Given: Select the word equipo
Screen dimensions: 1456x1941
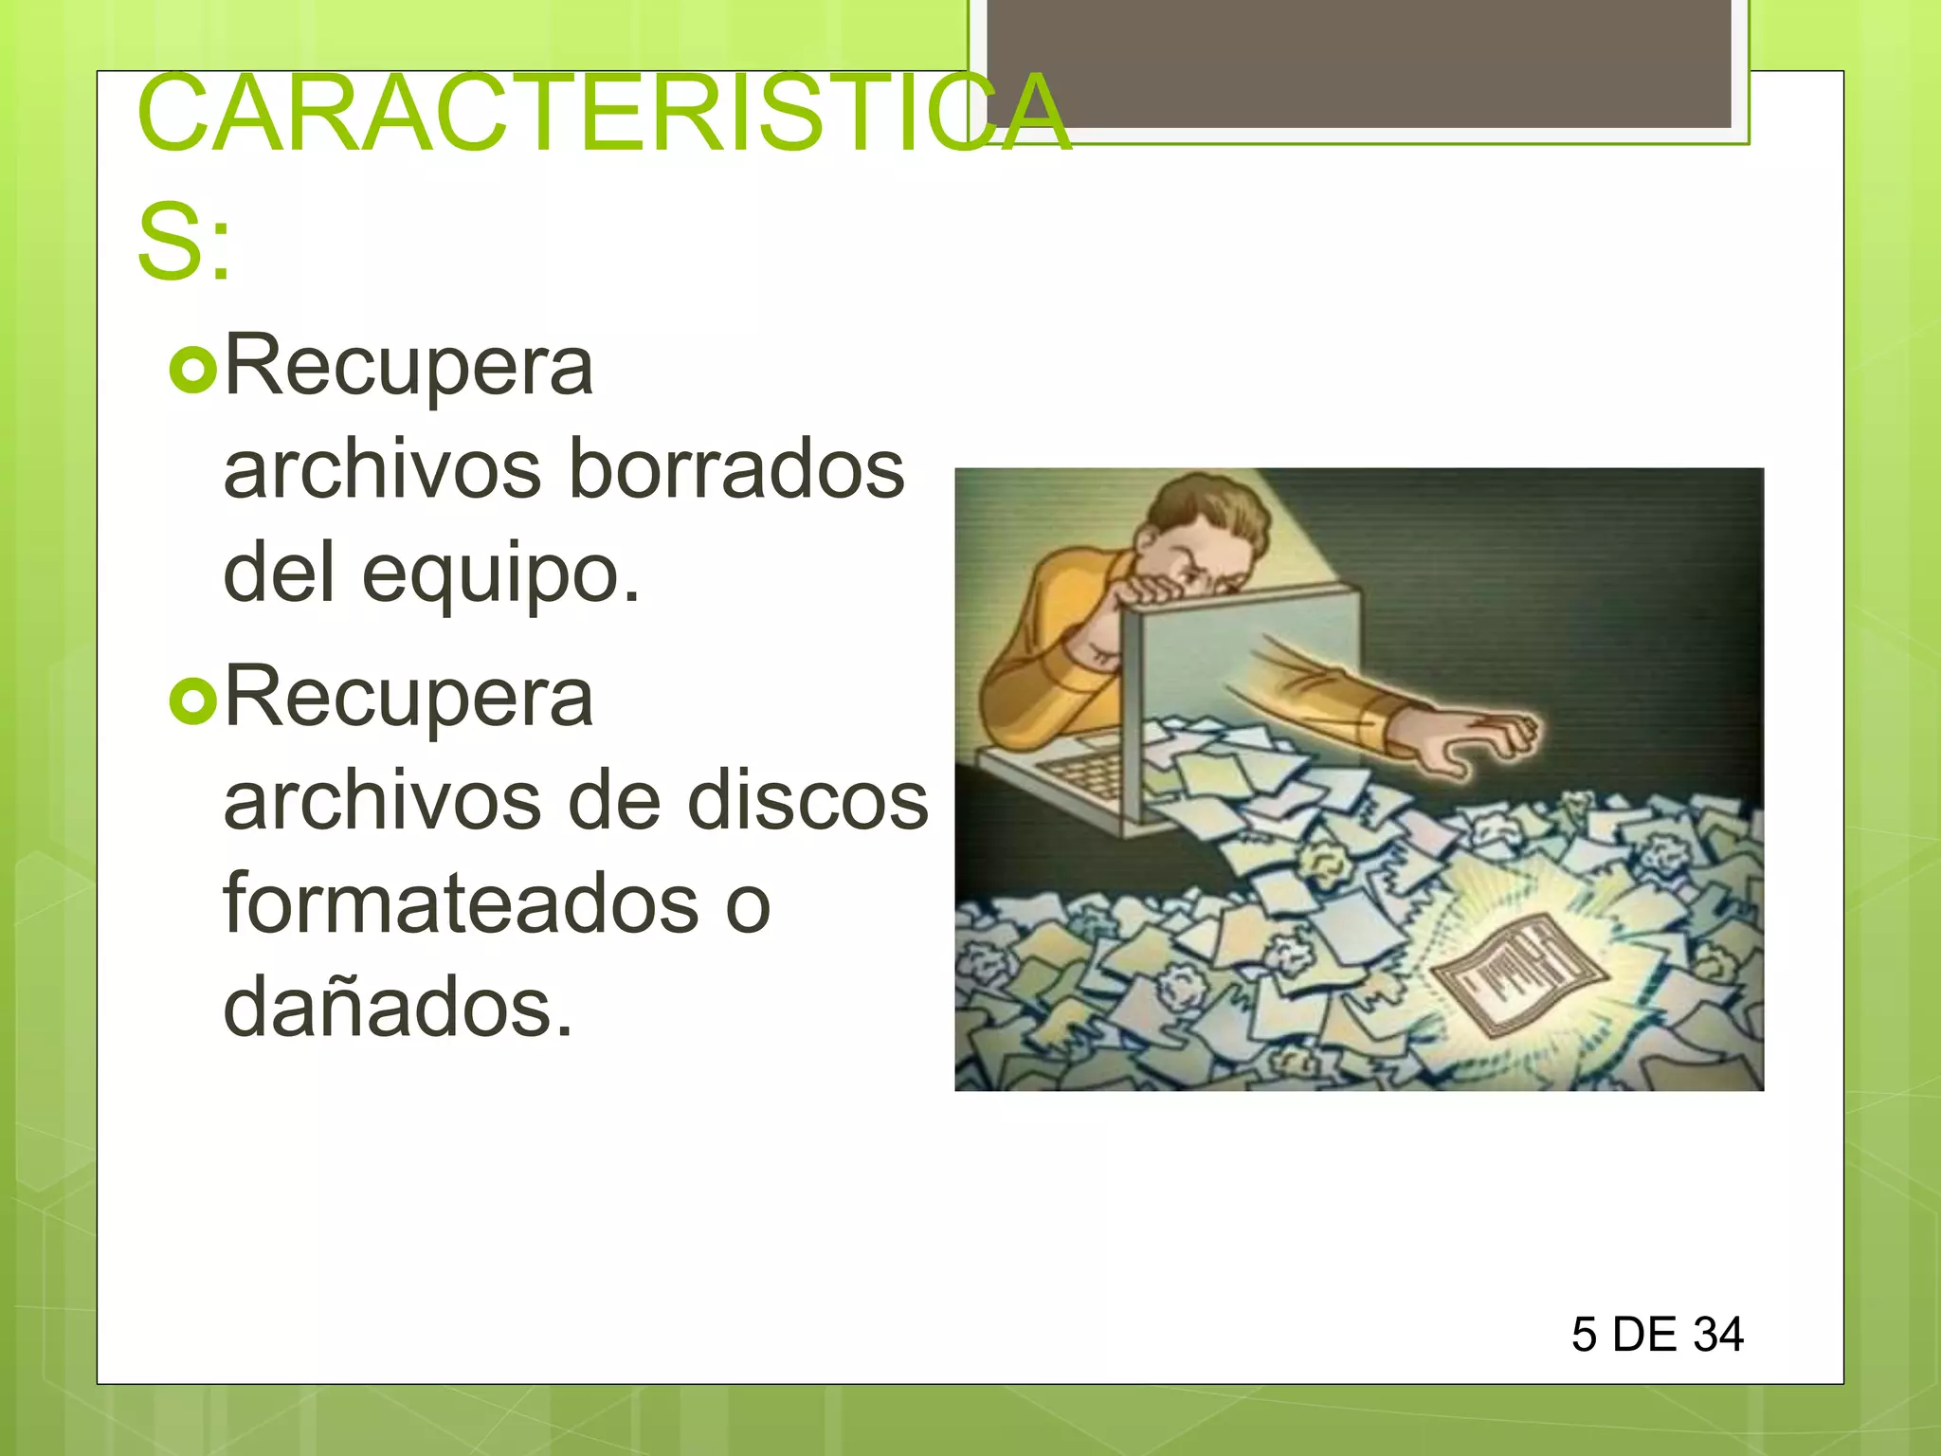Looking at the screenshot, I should (500, 575).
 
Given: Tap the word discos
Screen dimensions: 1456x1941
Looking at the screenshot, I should (807, 801).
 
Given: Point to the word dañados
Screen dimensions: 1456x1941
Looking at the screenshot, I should (398, 1007).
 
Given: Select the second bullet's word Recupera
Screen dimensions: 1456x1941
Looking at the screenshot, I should (408, 698).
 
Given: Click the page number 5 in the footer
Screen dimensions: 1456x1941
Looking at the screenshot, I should (1584, 1335).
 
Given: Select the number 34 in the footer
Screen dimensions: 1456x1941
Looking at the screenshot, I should (1717, 1335).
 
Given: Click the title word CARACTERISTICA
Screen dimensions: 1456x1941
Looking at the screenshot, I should (604, 114).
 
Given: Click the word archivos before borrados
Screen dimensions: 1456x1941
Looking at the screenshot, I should (382, 469).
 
